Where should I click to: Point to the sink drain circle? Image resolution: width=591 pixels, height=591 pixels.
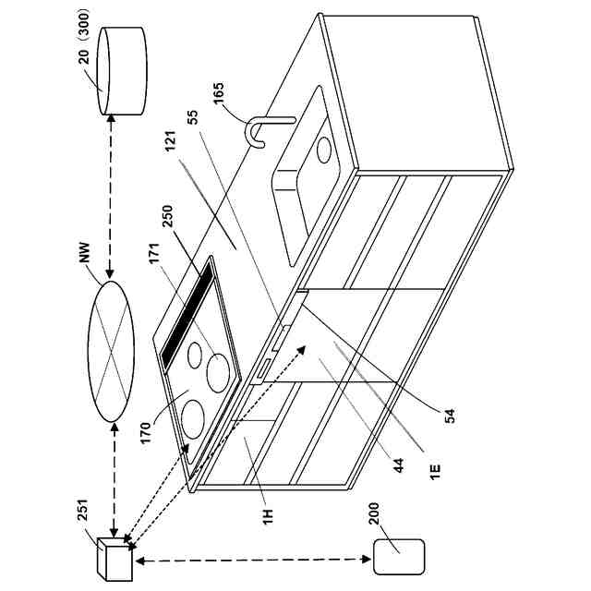[323, 150]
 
